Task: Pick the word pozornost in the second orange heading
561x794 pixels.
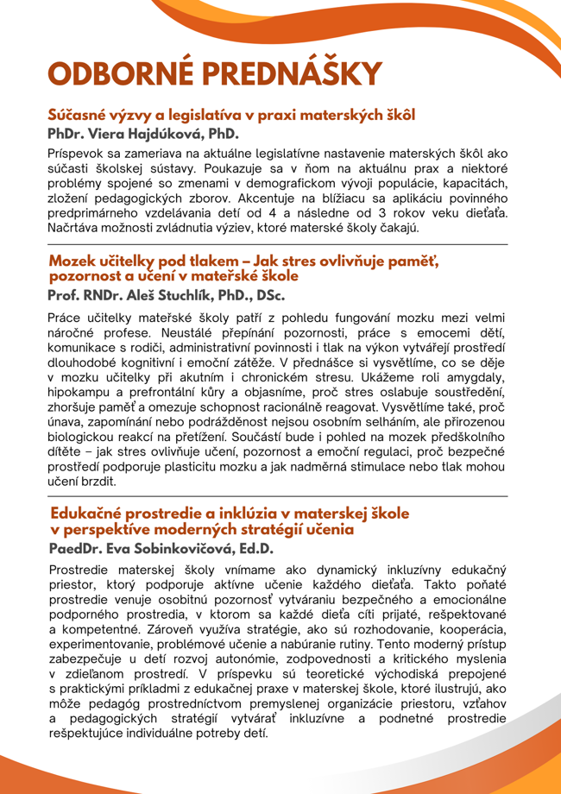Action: (88, 275)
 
